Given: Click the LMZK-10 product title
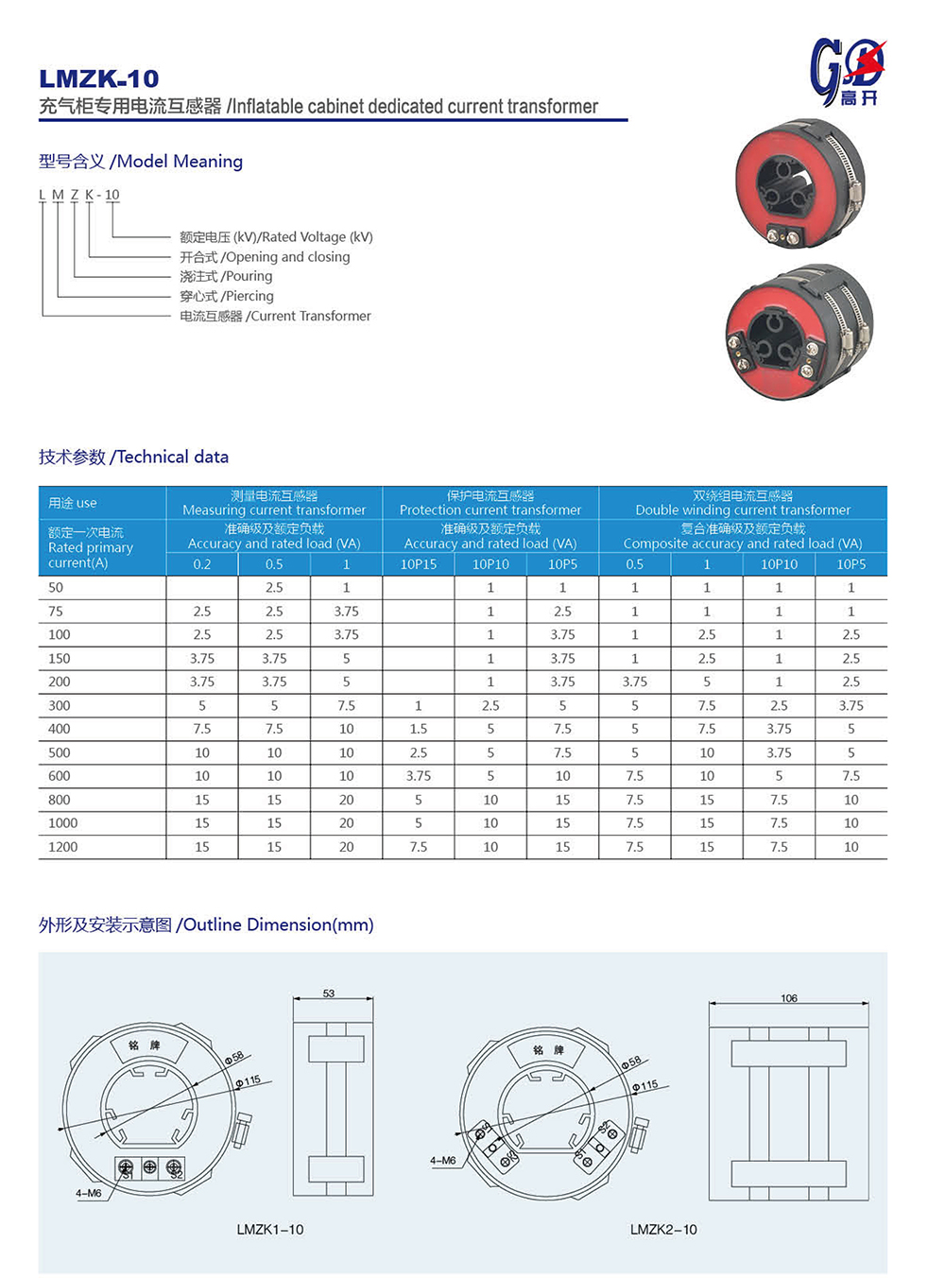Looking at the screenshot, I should click(99, 78).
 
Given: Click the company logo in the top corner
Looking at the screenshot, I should click(848, 71).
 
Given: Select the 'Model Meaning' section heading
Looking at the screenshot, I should click(141, 162).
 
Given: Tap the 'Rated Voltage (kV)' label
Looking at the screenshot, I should click(276, 237).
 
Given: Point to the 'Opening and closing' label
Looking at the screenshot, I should click(265, 257).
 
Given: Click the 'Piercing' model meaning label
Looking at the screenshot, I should click(227, 296).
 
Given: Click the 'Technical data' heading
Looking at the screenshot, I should click(133, 458).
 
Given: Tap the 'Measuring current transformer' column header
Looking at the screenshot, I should click(274, 503).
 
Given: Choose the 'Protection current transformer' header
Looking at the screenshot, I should click(490, 503).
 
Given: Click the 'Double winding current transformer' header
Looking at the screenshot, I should click(743, 503).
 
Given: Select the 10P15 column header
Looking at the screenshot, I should click(419, 564).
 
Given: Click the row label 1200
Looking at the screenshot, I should click(63, 847).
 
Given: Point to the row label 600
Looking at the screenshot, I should click(60, 776).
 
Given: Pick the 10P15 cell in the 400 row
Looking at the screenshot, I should click(419, 729).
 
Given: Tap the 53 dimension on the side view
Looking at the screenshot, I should click(329, 993).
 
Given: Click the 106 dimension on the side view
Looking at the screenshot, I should click(789, 998).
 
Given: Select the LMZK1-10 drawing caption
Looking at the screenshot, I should click(270, 1230).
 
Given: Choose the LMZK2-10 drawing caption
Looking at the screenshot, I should click(663, 1230).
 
